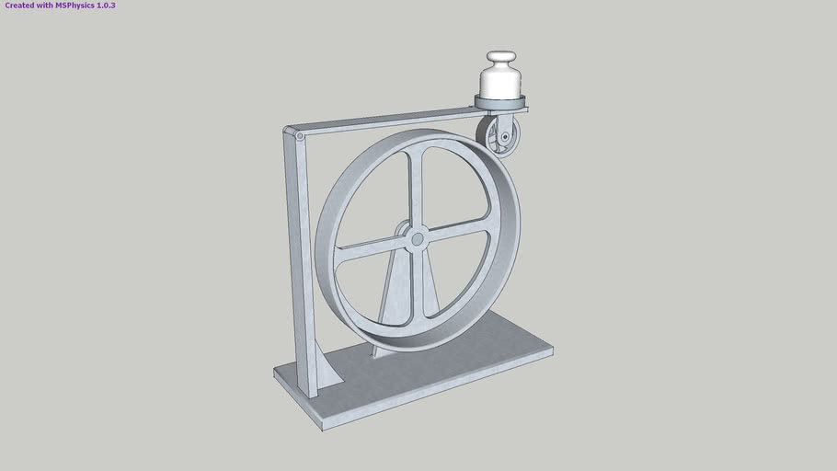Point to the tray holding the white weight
click(501, 101)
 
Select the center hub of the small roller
click(505, 140)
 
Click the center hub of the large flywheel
click(418, 239)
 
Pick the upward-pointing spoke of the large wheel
click(421, 189)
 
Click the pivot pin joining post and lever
click(300, 136)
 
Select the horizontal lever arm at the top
click(386, 122)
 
